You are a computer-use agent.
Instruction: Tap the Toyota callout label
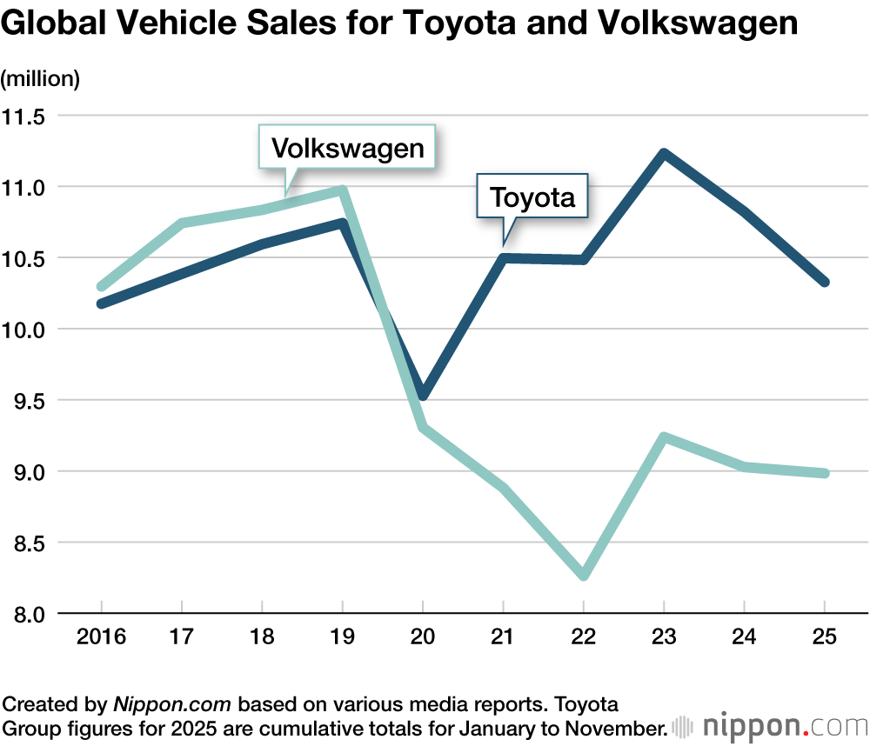coord(532,197)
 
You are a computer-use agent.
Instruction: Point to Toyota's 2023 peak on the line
coord(664,154)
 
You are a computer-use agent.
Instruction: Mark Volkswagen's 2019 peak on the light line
coord(343,190)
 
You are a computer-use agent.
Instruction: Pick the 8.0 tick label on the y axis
coord(27,614)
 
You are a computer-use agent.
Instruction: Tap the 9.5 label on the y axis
coord(27,401)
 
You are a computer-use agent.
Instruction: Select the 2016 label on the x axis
coord(101,637)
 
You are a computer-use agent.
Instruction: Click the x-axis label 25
coord(824,637)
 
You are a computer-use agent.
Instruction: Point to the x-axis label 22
coord(583,637)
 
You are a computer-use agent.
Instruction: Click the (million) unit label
coord(40,79)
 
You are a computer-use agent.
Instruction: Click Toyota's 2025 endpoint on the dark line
coord(824,282)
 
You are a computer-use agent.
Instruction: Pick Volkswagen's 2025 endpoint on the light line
coord(824,473)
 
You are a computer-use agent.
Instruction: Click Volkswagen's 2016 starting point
coord(102,286)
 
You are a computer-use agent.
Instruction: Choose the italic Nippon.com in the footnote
coord(174,703)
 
